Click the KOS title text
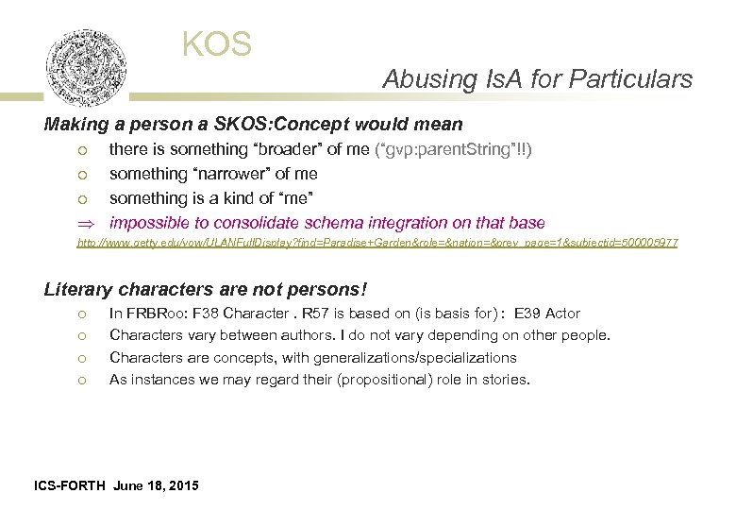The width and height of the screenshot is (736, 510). click(x=217, y=44)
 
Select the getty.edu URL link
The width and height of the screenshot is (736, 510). click(x=376, y=244)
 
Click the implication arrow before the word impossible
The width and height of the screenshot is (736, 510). click(x=83, y=223)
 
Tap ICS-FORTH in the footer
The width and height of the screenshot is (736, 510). click(x=70, y=485)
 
